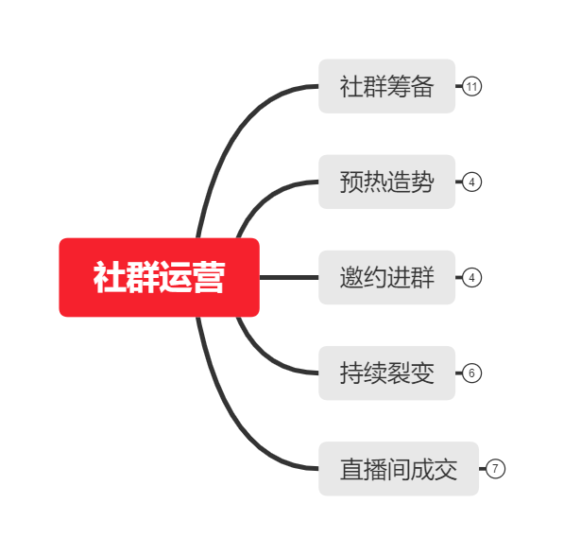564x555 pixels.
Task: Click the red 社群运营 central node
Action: pyautogui.click(x=160, y=277)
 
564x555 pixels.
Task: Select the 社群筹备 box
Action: pyautogui.click(x=387, y=86)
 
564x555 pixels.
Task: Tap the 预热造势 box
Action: pyautogui.click(x=387, y=182)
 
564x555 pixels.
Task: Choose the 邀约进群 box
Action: pyautogui.click(x=387, y=278)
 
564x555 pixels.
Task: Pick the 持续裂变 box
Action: pyautogui.click(x=387, y=373)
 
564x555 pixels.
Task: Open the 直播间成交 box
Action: pyautogui.click(x=399, y=469)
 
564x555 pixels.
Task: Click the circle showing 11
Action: pyautogui.click(x=471, y=86)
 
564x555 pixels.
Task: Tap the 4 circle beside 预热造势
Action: pyautogui.click(x=471, y=182)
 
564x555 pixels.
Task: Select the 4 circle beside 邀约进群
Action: pyautogui.click(x=471, y=278)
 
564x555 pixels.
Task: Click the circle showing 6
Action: pyautogui.click(x=471, y=373)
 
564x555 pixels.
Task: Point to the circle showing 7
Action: pyautogui.click(x=495, y=469)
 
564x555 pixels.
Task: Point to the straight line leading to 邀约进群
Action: pyautogui.click(x=289, y=277)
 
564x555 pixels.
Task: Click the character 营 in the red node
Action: pyautogui.click(x=210, y=277)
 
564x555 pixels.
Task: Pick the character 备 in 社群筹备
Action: pyautogui.click(x=422, y=86)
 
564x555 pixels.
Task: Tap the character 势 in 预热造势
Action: pyautogui.click(x=422, y=182)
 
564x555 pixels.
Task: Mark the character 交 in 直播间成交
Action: pyautogui.click(x=446, y=469)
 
